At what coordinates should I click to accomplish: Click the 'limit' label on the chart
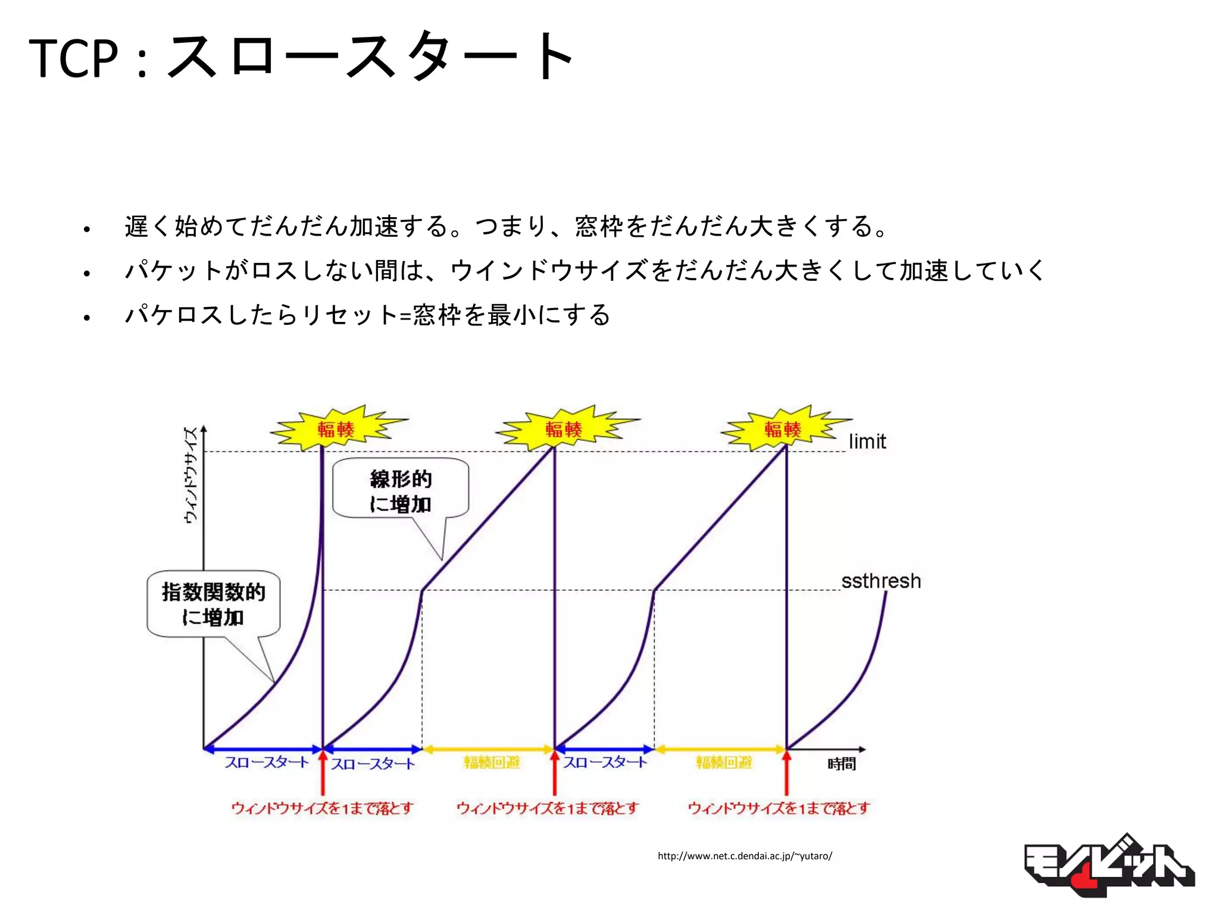pos(867,442)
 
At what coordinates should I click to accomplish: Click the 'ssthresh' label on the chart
pos(881,581)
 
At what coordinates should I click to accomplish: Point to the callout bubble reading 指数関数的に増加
pos(213,604)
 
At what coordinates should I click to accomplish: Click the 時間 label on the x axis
pos(842,763)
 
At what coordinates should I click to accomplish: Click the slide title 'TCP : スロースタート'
pos(301,58)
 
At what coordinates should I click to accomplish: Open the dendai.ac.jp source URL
pos(745,856)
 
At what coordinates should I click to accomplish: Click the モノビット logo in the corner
pos(1108,866)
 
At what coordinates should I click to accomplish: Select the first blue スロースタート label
pos(267,762)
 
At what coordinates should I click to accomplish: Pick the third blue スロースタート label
pos(605,762)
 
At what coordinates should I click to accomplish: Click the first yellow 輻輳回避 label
pos(492,762)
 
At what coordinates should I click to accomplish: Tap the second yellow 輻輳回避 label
pos(724,762)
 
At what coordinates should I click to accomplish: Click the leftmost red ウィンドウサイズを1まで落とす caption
pos(322,808)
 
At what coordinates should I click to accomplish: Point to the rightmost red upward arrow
pos(786,774)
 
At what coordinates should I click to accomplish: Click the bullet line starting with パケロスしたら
pos(368,315)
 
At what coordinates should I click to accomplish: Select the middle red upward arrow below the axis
pos(555,774)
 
